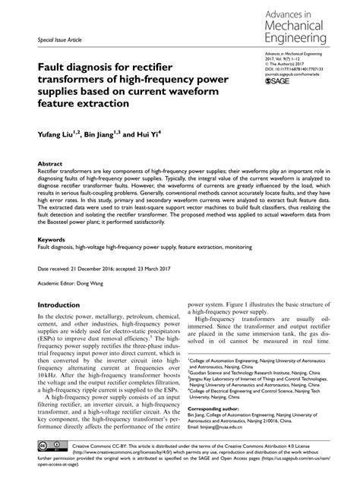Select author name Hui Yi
(x=148, y=136)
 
